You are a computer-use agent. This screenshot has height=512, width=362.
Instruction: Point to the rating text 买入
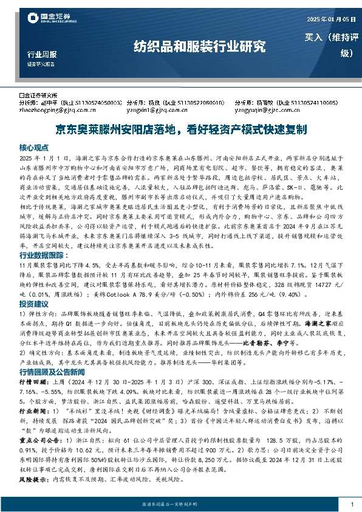315,37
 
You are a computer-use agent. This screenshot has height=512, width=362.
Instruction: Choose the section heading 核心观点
34,148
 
